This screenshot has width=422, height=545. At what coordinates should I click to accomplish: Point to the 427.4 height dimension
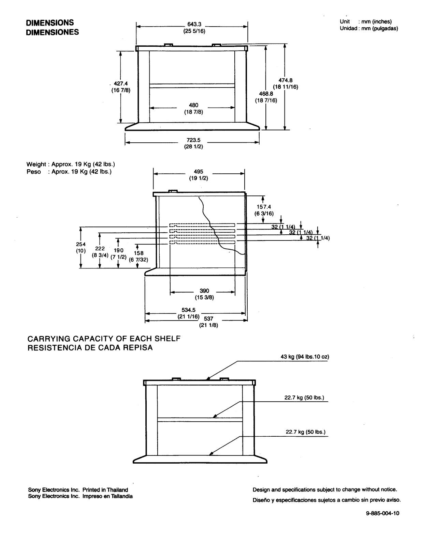click(121, 83)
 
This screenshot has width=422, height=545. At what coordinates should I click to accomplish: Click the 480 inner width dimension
click(193, 105)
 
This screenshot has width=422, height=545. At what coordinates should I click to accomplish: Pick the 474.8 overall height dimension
click(286, 80)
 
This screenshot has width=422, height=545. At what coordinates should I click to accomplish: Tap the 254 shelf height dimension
click(81, 244)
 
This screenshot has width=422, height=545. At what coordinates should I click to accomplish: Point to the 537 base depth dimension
click(208, 319)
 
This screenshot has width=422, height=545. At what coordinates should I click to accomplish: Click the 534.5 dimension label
click(188, 310)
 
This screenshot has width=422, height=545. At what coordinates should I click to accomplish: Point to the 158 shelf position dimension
click(139, 253)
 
